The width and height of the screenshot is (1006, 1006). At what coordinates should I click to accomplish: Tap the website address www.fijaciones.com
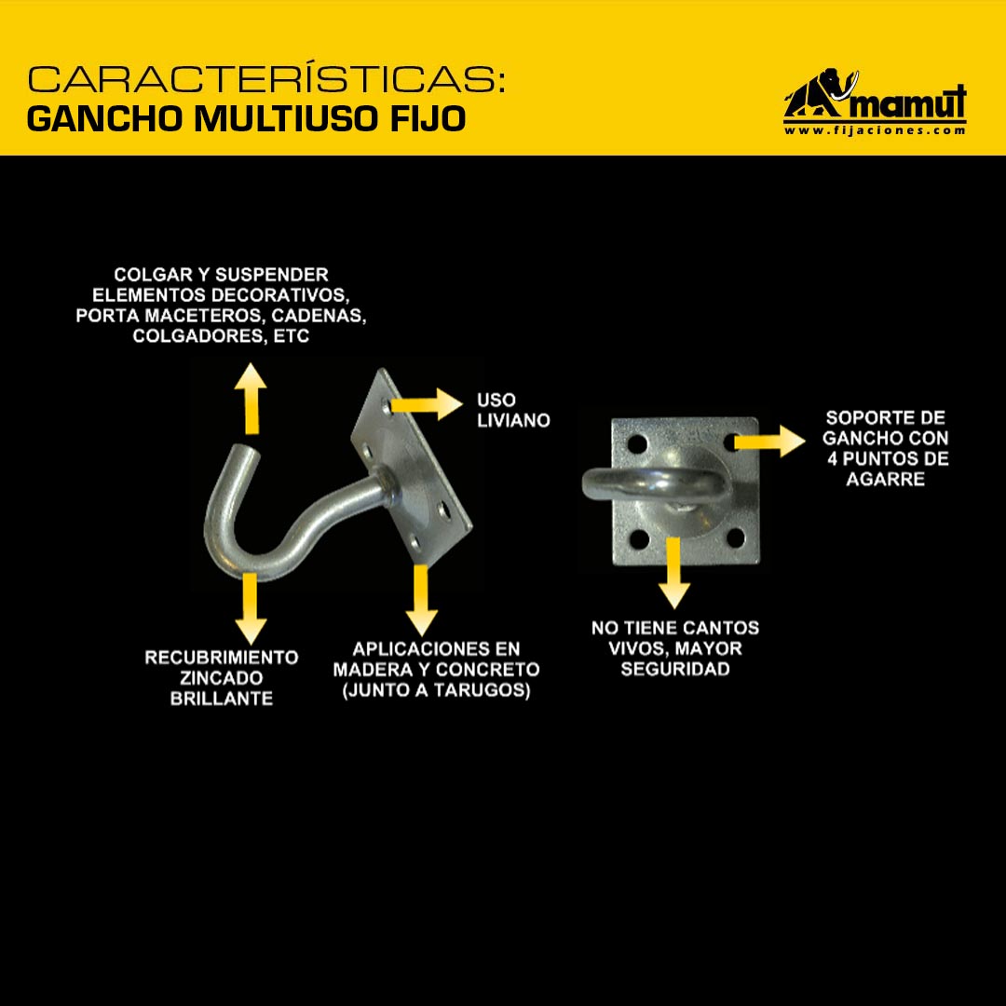point(875,130)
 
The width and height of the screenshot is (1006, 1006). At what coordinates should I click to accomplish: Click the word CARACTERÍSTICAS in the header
point(266,78)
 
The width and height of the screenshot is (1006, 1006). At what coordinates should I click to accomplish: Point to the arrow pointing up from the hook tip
point(251,399)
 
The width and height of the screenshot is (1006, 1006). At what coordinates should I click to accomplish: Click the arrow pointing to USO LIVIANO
point(426,404)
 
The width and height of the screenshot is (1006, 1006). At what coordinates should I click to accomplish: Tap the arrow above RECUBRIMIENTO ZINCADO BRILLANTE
point(251,608)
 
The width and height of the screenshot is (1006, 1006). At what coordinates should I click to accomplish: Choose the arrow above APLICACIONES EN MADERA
point(422,600)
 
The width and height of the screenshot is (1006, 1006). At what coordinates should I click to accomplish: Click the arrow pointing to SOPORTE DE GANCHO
point(769,441)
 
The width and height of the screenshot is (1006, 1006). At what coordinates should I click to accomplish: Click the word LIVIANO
point(513,421)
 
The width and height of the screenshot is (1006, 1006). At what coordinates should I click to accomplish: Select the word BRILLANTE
point(222,699)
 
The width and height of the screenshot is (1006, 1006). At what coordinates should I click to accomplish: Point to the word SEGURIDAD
point(675,669)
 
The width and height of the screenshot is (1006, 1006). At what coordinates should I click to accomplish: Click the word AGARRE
point(886,480)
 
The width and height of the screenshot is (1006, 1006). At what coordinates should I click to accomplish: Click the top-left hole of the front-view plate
point(637,442)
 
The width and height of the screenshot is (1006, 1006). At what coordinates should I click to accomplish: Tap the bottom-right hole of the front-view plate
point(735,537)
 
